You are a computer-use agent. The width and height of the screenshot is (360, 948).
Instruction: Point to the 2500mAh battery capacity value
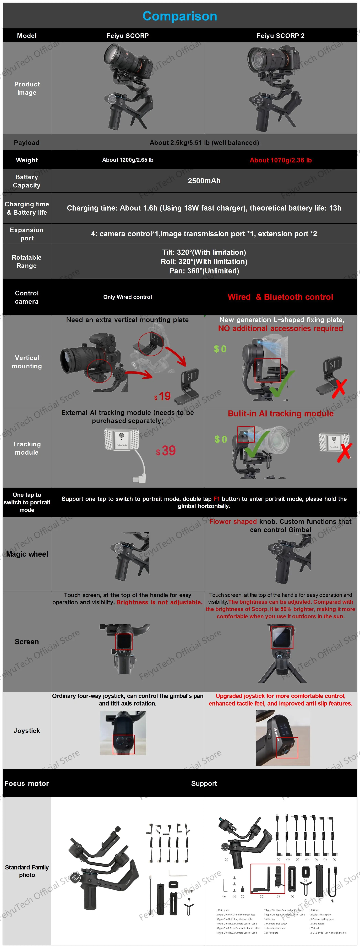coord(204,181)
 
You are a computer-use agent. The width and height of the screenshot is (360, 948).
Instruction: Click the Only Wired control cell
coord(127,297)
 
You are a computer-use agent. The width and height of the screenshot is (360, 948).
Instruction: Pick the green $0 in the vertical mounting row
coord(220,349)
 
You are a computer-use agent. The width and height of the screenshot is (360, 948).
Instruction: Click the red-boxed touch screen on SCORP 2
coord(282,637)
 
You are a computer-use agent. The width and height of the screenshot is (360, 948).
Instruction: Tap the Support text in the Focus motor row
coord(204,784)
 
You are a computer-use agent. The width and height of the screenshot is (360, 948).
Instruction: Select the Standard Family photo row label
coord(27,871)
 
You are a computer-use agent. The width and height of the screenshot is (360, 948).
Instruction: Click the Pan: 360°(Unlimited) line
coord(204,271)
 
